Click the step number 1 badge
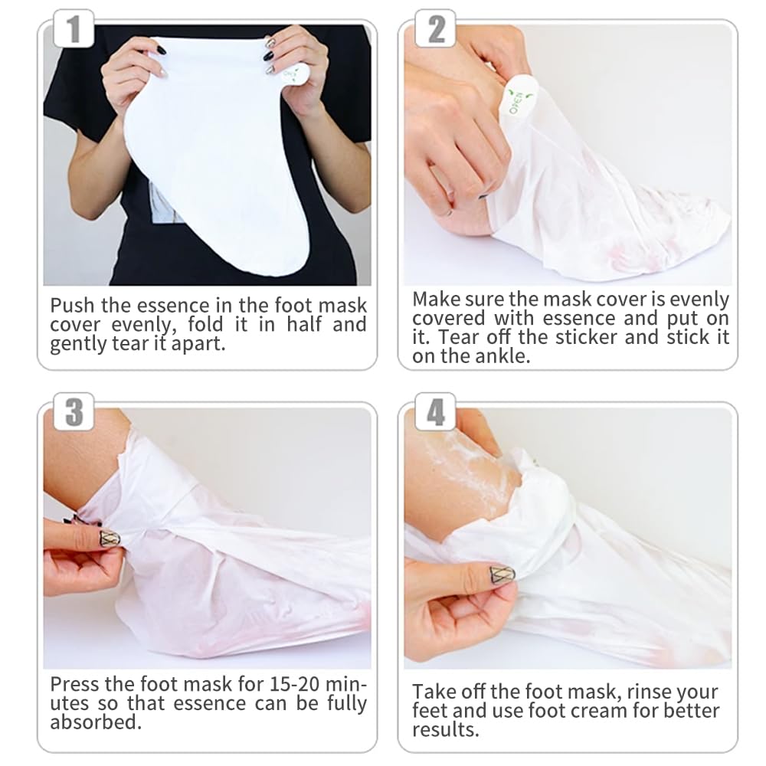[74, 29]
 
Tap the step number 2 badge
[435, 29]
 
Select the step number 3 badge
[74, 412]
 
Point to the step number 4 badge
[435, 412]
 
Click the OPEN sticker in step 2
[517, 98]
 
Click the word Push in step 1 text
[72, 306]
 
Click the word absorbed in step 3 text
[96, 722]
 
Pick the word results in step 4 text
[446, 730]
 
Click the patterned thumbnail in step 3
[109, 538]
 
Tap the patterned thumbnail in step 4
[502, 574]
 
